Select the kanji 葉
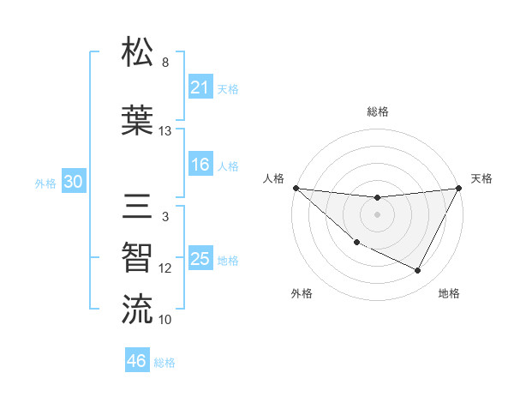pos(138,119)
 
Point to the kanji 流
pos(138,309)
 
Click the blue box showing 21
pos(200,87)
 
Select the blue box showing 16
pos(200,165)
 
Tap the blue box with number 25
pos(200,259)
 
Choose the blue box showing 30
pos(73,182)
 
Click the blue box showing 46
pos(137,361)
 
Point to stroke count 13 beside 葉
pos(165,131)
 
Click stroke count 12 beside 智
pos(165,268)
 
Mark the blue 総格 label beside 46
pos(164,363)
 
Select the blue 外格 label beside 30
pos(45,183)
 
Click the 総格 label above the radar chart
pos(378,111)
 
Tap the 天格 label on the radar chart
pos(482,178)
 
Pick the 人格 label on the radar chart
pos(274,178)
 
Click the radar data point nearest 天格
pos(459,188)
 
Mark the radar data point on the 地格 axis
pos(418,271)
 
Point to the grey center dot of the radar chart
pos(378,214)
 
